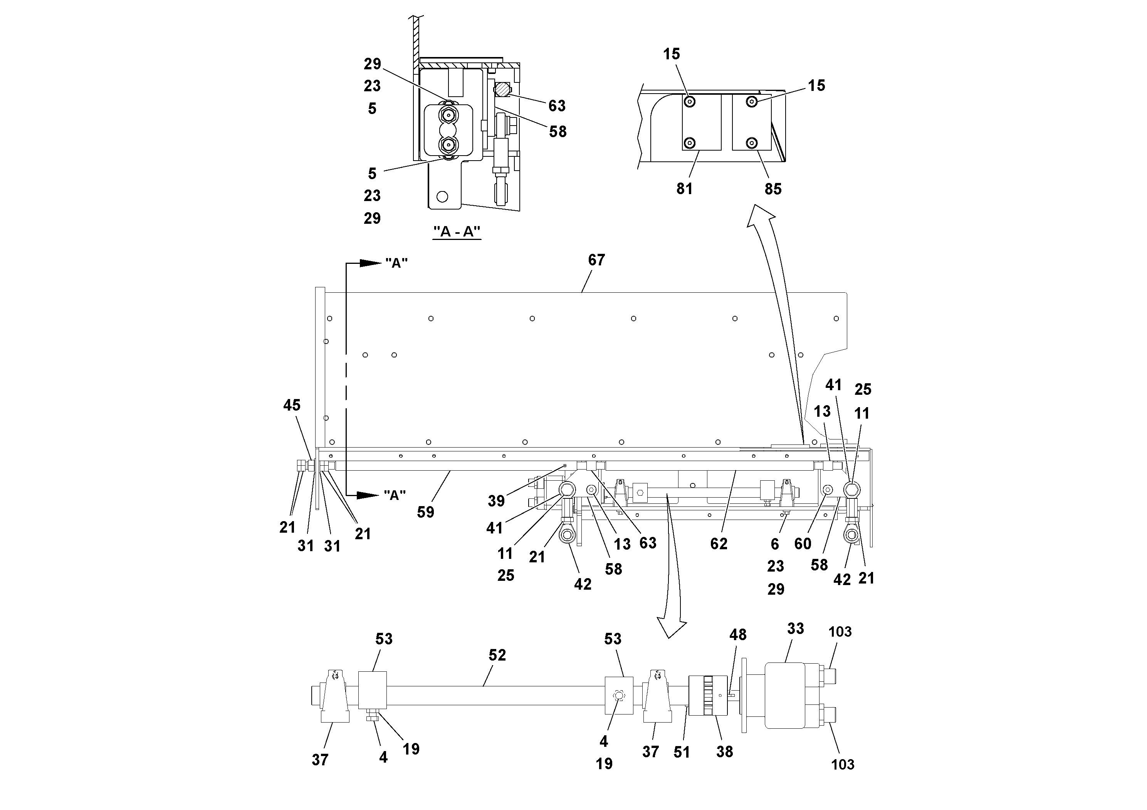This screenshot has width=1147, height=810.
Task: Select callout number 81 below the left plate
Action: click(684, 189)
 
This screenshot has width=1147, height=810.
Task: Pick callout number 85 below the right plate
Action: click(773, 189)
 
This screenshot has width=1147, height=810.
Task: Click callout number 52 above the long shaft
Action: click(497, 655)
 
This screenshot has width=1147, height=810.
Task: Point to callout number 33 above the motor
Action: click(795, 628)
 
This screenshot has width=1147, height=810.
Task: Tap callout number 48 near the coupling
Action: click(738, 635)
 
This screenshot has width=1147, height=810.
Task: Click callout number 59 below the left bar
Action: click(426, 512)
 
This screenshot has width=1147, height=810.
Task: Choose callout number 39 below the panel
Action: click(496, 501)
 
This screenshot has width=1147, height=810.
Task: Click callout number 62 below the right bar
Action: click(719, 544)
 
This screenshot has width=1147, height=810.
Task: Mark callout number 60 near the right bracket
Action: click(803, 544)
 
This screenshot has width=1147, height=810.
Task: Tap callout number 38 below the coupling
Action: click(724, 751)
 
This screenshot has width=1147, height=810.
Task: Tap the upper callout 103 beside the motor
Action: click(840, 632)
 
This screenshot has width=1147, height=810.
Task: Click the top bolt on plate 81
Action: click(690, 102)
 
